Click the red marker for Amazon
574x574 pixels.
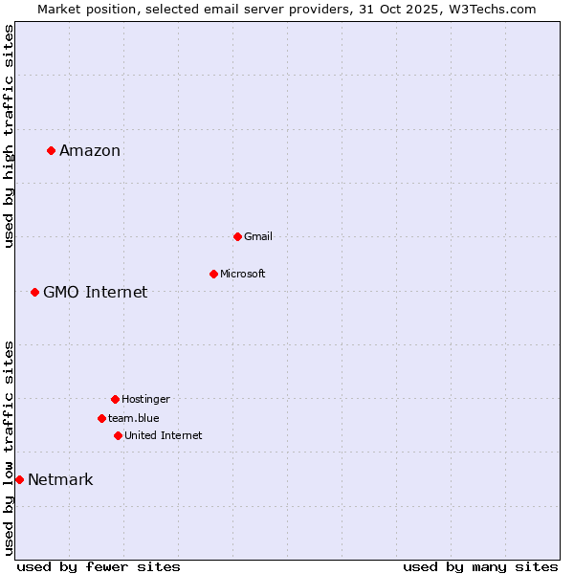(51, 150)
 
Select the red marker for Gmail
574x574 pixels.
(237, 236)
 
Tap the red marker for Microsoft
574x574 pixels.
(213, 274)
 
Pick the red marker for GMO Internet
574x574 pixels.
(34, 292)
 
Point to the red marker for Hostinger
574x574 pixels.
(115, 399)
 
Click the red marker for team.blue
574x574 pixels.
(101, 418)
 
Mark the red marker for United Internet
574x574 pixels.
(118, 435)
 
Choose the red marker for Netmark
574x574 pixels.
(19, 479)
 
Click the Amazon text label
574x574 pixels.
(90, 150)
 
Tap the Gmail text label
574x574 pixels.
(258, 236)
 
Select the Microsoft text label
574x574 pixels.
(243, 274)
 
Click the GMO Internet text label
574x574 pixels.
(96, 292)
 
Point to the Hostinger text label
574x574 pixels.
(145, 399)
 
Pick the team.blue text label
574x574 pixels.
(134, 418)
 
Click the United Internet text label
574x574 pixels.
(164, 435)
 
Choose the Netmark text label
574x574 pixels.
(60, 479)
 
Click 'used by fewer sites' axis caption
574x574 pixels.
(99, 566)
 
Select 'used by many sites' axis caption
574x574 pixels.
(480, 566)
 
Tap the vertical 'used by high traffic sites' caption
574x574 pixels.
(9, 136)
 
